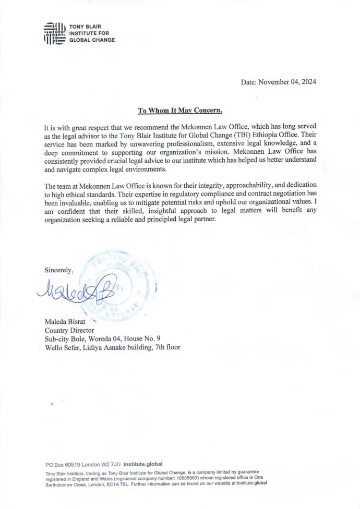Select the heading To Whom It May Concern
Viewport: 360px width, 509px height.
(180, 110)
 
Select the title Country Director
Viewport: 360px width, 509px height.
(69, 330)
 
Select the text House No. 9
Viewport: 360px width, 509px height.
(140, 338)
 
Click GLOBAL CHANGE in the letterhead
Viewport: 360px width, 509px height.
(92, 40)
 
